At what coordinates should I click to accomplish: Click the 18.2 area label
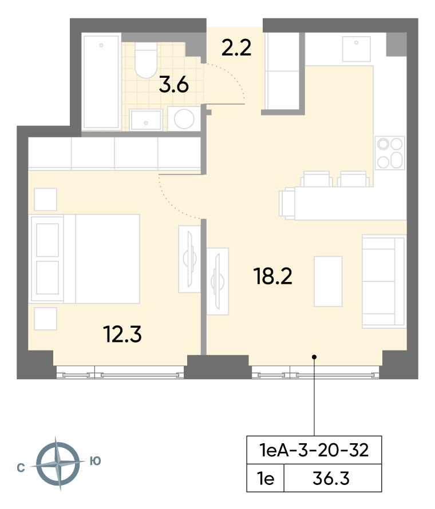pyautogui.click(x=273, y=276)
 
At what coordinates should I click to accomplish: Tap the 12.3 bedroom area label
pyautogui.click(x=122, y=335)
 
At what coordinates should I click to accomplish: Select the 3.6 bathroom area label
pyautogui.click(x=174, y=85)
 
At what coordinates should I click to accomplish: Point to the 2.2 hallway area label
pyautogui.click(x=236, y=47)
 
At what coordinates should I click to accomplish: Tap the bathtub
pyautogui.click(x=101, y=82)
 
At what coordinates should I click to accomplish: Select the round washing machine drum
pyautogui.click(x=184, y=119)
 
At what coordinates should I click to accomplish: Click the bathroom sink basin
pyautogui.click(x=146, y=120)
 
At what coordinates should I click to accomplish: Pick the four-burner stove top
pyautogui.click(x=390, y=153)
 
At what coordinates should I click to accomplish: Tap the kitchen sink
pyautogui.click(x=357, y=49)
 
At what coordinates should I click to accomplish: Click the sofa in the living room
pyautogui.click(x=383, y=281)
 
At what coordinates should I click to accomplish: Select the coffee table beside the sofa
pyautogui.click(x=328, y=281)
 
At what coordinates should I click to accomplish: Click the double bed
pyautogui.click(x=85, y=259)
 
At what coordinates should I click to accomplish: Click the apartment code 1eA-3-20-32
pyautogui.click(x=314, y=450)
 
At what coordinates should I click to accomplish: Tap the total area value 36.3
pyautogui.click(x=331, y=478)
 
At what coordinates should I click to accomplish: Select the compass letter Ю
pyautogui.click(x=95, y=461)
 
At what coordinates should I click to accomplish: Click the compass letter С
pyautogui.click(x=21, y=468)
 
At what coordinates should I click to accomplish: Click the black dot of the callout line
pyautogui.click(x=314, y=357)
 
